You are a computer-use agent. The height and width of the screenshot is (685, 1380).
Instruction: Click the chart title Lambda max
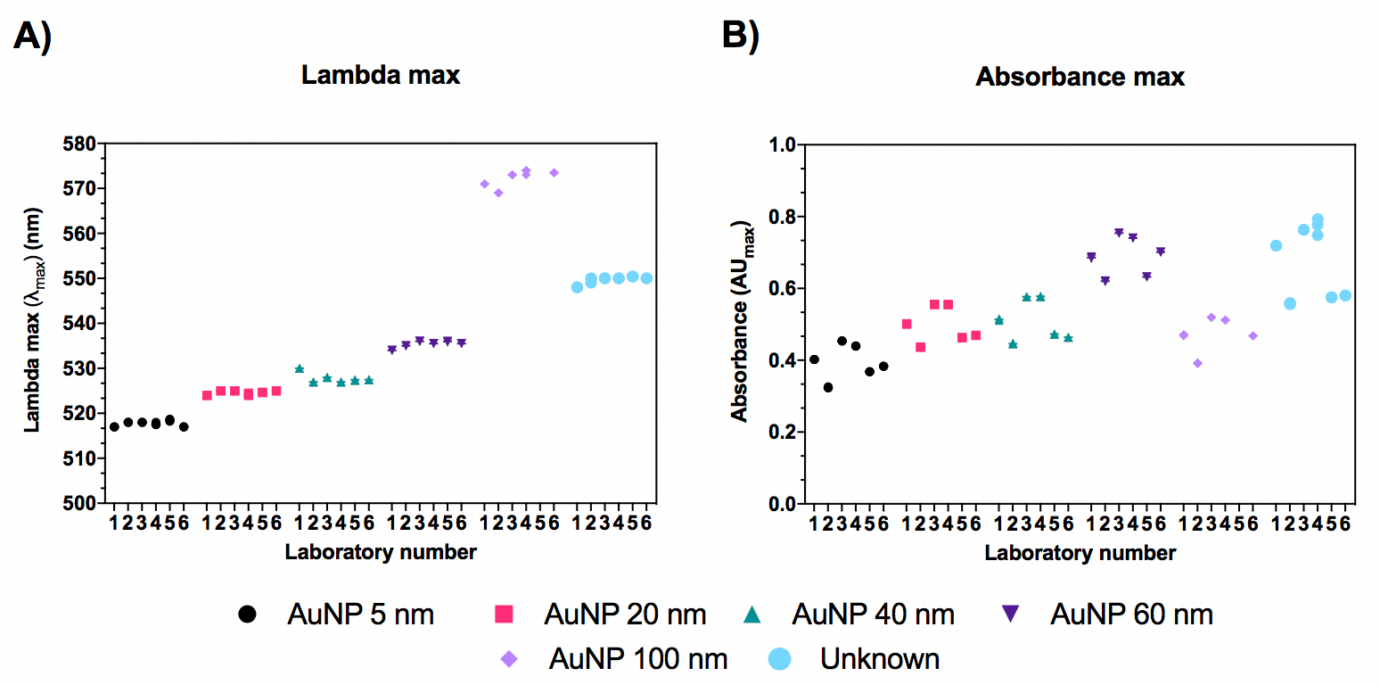click(x=381, y=75)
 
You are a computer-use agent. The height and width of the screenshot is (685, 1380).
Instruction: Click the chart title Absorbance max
click(x=1080, y=77)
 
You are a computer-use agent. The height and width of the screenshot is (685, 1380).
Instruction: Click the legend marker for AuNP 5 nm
click(x=248, y=614)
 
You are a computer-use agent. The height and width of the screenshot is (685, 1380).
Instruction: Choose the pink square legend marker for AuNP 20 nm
click(x=505, y=614)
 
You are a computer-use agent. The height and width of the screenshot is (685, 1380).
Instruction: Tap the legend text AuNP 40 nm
click(x=873, y=614)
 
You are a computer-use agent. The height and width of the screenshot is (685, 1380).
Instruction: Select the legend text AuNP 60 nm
click(x=1132, y=614)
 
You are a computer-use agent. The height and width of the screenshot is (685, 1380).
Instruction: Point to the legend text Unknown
click(x=880, y=659)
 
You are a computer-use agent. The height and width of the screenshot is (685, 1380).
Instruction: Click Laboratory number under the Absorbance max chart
click(x=1080, y=553)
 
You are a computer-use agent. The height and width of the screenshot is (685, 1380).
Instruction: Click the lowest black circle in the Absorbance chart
click(x=828, y=387)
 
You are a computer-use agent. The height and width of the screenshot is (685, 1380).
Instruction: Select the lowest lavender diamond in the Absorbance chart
click(x=1197, y=363)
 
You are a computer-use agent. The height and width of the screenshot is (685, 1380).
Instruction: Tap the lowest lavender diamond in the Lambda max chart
click(x=498, y=193)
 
